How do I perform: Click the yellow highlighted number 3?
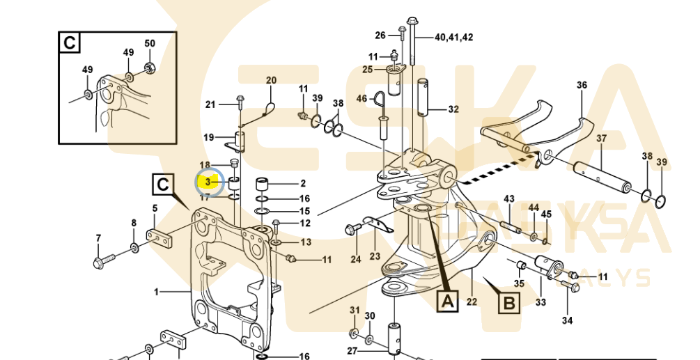(x=208, y=182)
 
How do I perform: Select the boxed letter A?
(x=446, y=300)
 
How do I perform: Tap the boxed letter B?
(x=510, y=302)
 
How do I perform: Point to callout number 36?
(x=582, y=86)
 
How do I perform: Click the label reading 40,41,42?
(x=453, y=37)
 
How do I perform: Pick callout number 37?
(x=601, y=139)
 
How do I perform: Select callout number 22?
(x=472, y=301)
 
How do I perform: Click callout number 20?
(x=271, y=80)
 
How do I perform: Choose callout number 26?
(x=380, y=36)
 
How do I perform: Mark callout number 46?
(x=361, y=99)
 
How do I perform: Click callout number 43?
(x=509, y=199)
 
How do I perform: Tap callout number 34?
(x=567, y=320)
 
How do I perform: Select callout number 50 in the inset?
(x=150, y=43)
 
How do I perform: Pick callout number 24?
(x=356, y=260)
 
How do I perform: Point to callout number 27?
(x=353, y=350)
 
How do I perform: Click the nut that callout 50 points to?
(x=149, y=68)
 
